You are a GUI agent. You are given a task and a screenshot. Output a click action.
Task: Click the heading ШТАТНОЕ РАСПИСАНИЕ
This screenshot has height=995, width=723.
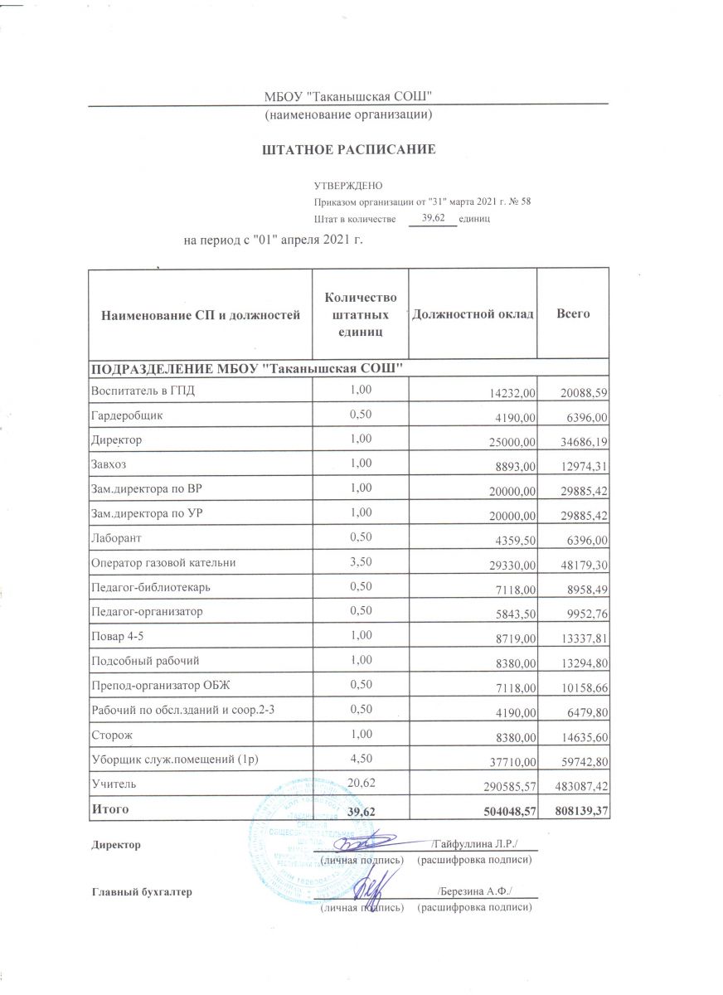click(349, 150)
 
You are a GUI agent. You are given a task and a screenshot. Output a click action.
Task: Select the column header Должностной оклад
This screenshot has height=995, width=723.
click(472, 315)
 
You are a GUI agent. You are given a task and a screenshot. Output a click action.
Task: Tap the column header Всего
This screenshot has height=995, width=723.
click(573, 315)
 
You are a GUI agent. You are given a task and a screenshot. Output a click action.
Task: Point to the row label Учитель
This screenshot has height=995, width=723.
click(109, 782)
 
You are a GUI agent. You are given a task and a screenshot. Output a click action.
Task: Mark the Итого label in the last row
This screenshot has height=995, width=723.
click(109, 806)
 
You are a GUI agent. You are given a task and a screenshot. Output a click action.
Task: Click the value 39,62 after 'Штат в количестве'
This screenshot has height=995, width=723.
click(434, 218)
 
